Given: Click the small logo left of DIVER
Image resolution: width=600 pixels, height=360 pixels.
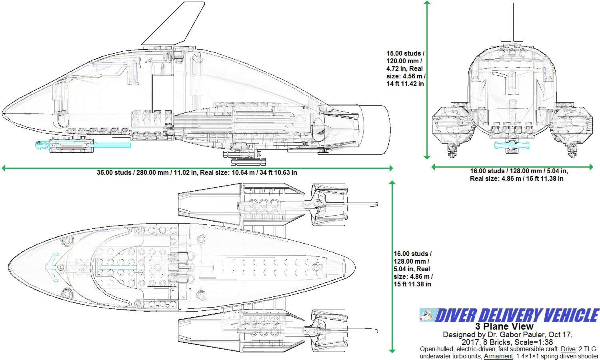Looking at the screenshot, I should pos(426,315).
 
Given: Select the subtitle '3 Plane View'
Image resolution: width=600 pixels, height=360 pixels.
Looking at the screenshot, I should pos(504,326).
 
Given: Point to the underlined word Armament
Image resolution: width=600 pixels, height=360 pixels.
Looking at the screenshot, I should pos(498,356).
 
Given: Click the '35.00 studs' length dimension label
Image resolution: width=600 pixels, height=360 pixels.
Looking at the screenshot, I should pos(114,173).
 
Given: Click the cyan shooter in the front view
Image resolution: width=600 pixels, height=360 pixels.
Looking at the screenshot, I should pos(512,145).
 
